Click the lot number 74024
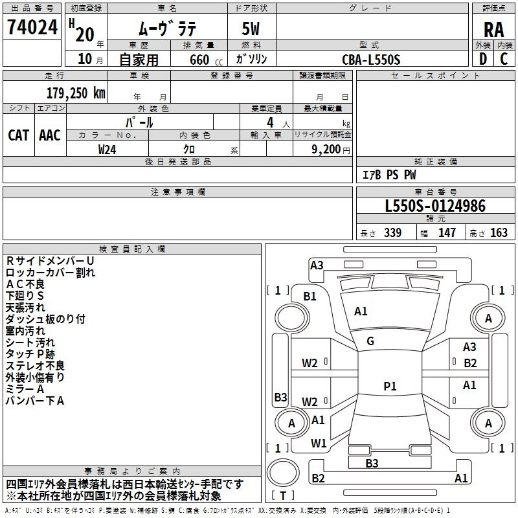coord(32,27)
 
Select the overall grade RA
coord(493,29)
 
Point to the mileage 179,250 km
coord(76,93)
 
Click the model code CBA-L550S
coord(372,60)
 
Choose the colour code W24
coord(107,149)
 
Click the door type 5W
coord(253,29)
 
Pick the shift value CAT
coord(18,135)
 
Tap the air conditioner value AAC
coord(50,135)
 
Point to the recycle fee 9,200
coord(320,149)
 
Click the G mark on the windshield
coord(370,341)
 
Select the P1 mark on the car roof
coord(389,386)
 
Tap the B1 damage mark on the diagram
coord(310,296)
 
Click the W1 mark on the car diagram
coord(318,443)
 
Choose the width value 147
coord(447,233)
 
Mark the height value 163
coord(499,233)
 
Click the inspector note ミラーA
coord(25,389)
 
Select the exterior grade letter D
coord(482,59)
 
